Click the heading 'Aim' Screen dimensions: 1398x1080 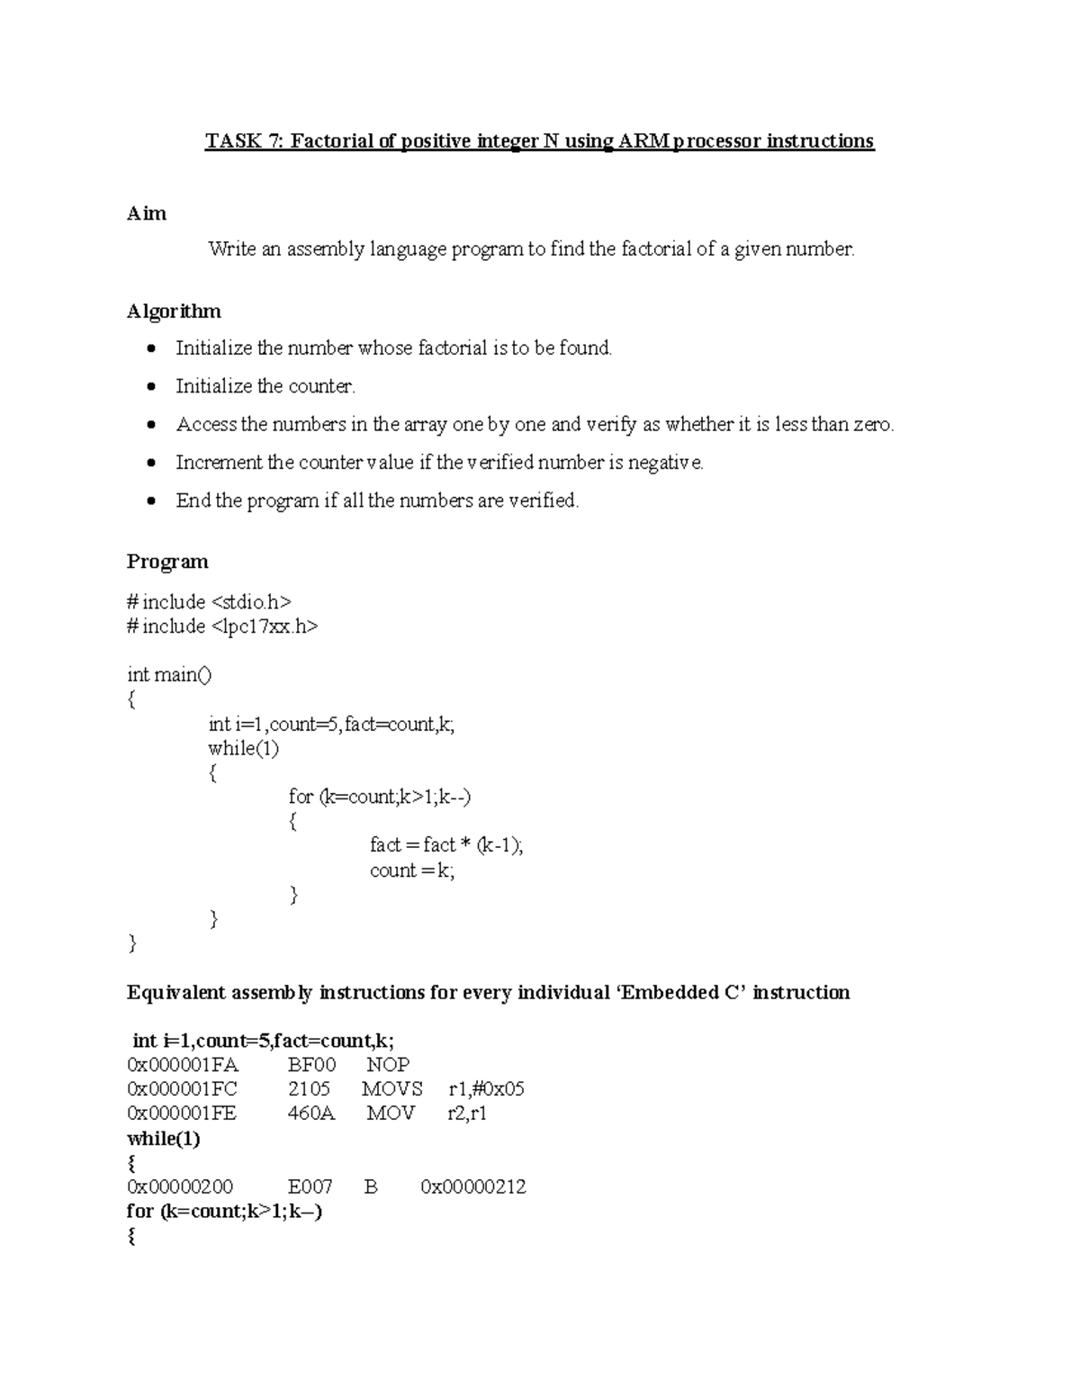(x=147, y=213)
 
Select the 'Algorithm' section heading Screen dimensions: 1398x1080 (x=174, y=311)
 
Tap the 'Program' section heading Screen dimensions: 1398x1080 (x=167, y=562)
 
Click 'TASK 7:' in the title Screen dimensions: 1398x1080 (x=243, y=141)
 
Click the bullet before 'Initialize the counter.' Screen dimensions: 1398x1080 (x=152, y=387)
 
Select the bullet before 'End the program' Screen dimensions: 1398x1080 (x=152, y=501)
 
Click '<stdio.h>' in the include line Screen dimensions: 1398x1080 (x=251, y=602)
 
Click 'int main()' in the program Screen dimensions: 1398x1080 (x=169, y=675)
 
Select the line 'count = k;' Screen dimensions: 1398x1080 (x=412, y=870)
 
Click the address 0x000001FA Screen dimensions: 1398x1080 (x=183, y=1065)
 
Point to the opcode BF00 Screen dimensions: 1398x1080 (x=311, y=1065)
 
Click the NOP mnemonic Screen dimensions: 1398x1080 (x=388, y=1065)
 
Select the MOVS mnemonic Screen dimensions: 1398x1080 (x=391, y=1089)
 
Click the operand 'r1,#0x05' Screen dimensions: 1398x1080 (x=486, y=1089)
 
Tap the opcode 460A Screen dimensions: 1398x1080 (x=311, y=1114)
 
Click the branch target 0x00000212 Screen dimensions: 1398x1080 (x=473, y=1187)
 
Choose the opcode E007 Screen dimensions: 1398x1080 (x=310, y=1187)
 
